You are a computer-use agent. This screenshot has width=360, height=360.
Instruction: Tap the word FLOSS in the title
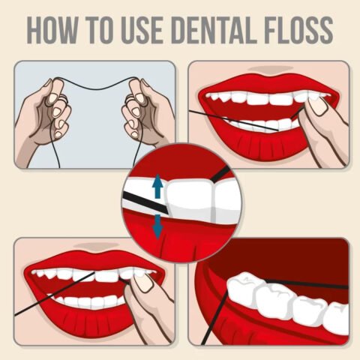(296, 29)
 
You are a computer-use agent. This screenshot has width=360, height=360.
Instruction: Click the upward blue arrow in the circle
(157, 186)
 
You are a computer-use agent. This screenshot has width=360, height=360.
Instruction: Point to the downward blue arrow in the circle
(157, 225)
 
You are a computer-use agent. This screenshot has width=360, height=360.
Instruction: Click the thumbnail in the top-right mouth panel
(319, 105)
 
